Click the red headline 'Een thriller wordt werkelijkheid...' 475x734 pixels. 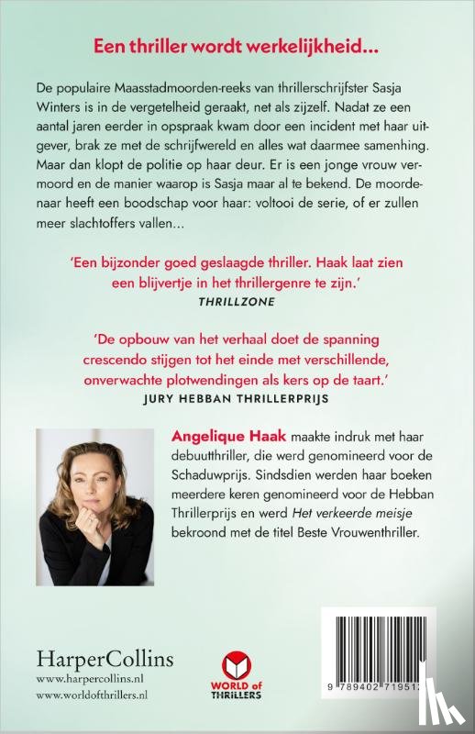pyautogui.click(x=237, y=45)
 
